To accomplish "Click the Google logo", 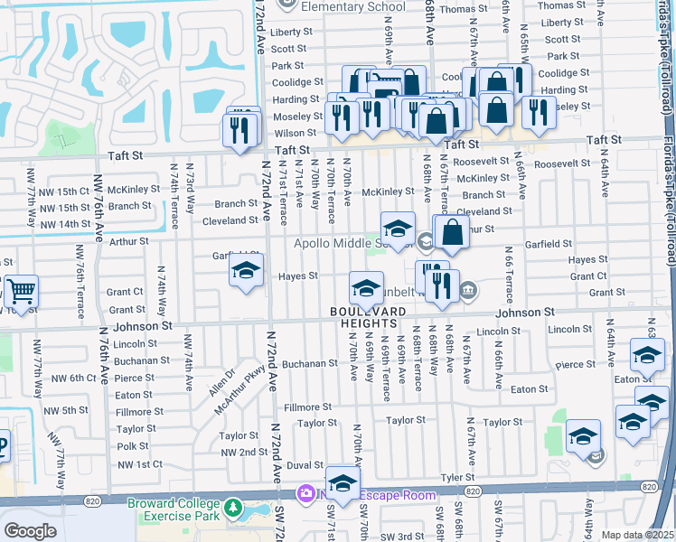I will [30, 531].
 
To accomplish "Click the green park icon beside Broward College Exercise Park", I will [234, 508].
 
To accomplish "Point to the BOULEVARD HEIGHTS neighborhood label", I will [365, 317].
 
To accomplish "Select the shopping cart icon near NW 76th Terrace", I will [21, 292].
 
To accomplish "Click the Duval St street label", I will [305, 464].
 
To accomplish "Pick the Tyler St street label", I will [458, 476].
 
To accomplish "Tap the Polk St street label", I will [133, 446].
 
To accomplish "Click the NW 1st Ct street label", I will [139, 463].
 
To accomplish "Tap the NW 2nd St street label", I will [239, 451].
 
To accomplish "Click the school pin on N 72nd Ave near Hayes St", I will [246, 271].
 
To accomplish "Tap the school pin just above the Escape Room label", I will [343, 484].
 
